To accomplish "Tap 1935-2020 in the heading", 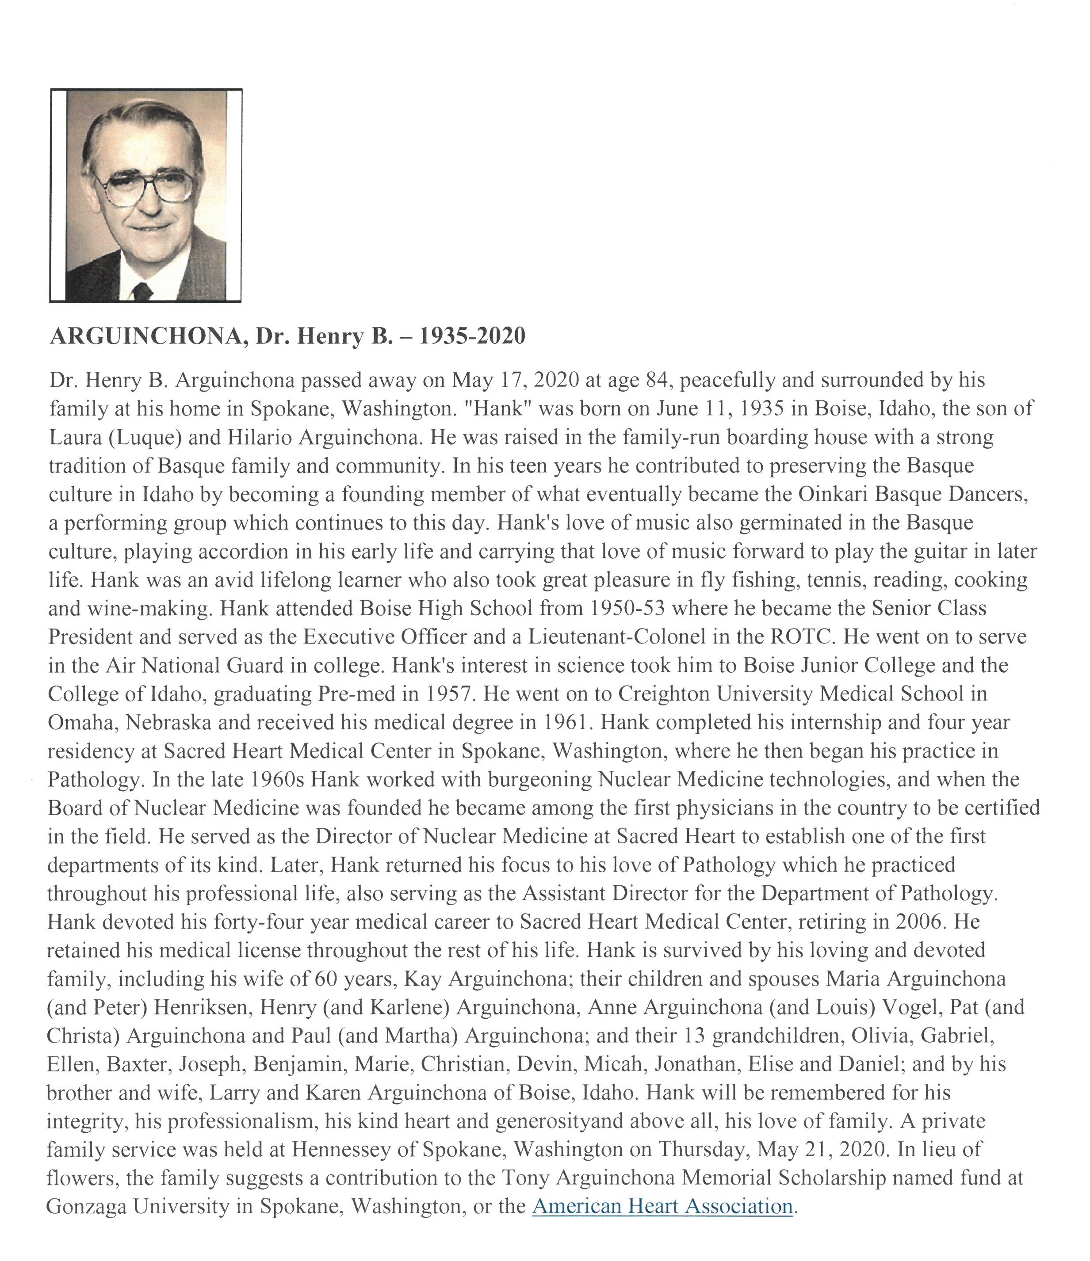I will [x=472, y=336].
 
